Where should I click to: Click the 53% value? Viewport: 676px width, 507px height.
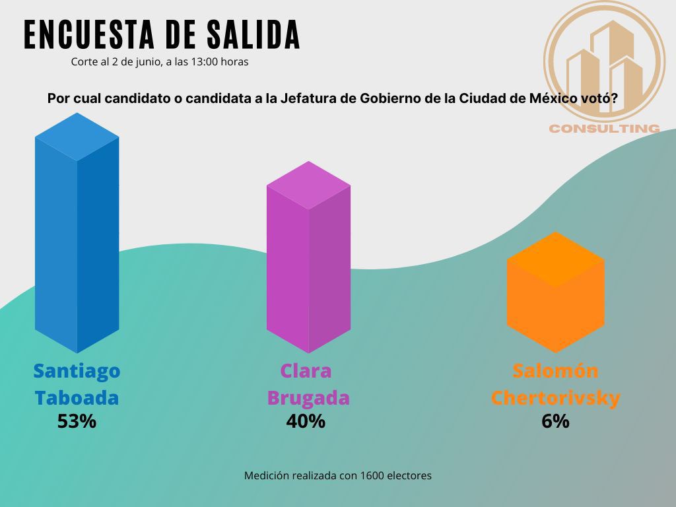[x=77, y=421]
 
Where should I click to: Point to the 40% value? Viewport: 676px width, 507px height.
[x=306, y=421]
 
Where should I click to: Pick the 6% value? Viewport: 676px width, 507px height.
[x=555, y=421]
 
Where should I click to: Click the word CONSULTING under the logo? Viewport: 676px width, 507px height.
[x=604, y=128]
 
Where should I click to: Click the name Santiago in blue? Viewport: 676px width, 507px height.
[x=77, y=371]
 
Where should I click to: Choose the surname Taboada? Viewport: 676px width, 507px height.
[x=77, y=398]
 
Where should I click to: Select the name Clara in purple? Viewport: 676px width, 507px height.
[x=306, y=371]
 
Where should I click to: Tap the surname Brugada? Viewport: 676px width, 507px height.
[x=308, y=398]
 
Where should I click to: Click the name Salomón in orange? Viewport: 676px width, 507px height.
[x=555, y=371]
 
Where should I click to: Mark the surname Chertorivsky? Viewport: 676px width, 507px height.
[x=555, y=398]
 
